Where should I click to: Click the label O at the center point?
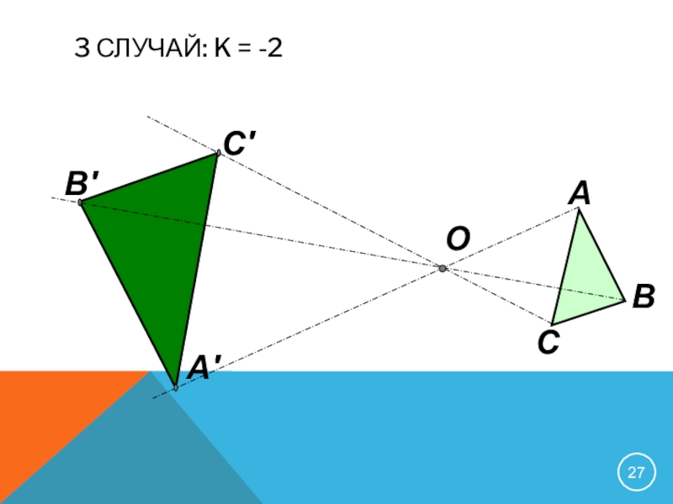click(x=458, y=239)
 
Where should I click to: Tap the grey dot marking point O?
click(x=442, y=268)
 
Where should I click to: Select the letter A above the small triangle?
click(x=579, y=193)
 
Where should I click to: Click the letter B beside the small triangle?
click(x=644, y=296)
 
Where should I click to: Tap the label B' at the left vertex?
click(x=83, y=181)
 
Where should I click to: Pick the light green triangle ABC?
click(x=587, y=277)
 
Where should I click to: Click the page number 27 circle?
click(x=637, y=472)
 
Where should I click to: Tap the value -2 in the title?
click(x=270, y=50)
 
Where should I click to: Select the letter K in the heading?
click(x=222, y=50)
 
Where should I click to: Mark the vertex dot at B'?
click(x=80, y=202)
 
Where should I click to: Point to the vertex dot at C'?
click(x=218, y=153)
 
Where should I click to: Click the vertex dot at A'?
click(x=175, y=387)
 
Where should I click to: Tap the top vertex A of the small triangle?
click(x=579, y=210)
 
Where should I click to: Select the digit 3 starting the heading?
click(x=82, y=50)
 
